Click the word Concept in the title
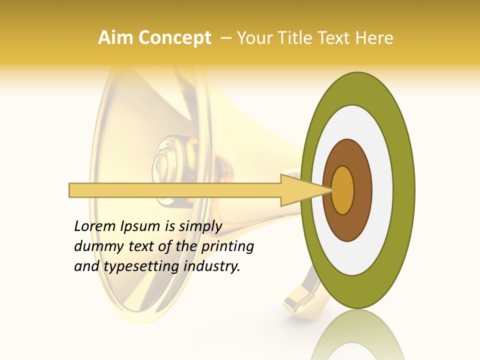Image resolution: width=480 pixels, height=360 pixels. click(174, 38)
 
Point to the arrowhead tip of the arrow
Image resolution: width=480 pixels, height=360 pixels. click(332, 190)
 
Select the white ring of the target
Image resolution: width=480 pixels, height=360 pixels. click(380, 190)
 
